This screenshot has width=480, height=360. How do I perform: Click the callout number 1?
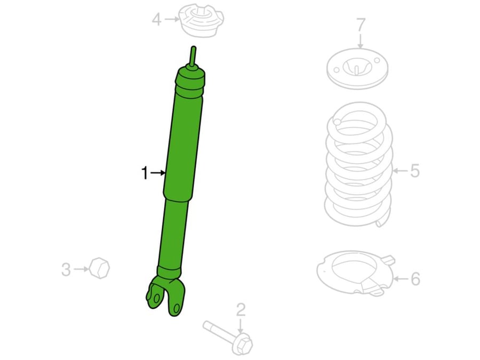[145, 173]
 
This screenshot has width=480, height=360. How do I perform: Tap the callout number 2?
[241, 310]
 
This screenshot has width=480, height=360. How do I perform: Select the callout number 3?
[66, 269]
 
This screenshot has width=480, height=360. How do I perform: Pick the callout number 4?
[156, 20]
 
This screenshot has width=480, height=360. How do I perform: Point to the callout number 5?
[415, 171]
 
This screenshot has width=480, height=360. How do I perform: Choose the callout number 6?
[415, 278]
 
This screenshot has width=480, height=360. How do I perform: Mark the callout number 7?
[361, 25]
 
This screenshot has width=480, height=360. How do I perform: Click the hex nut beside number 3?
[100, 268]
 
